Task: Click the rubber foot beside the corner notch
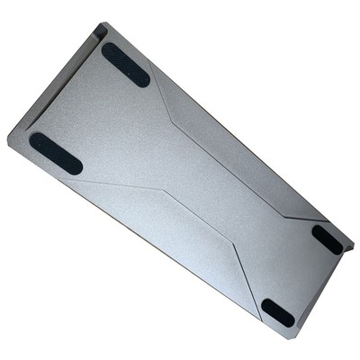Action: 125,65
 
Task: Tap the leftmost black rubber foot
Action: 55,153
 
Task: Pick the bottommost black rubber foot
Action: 278,312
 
